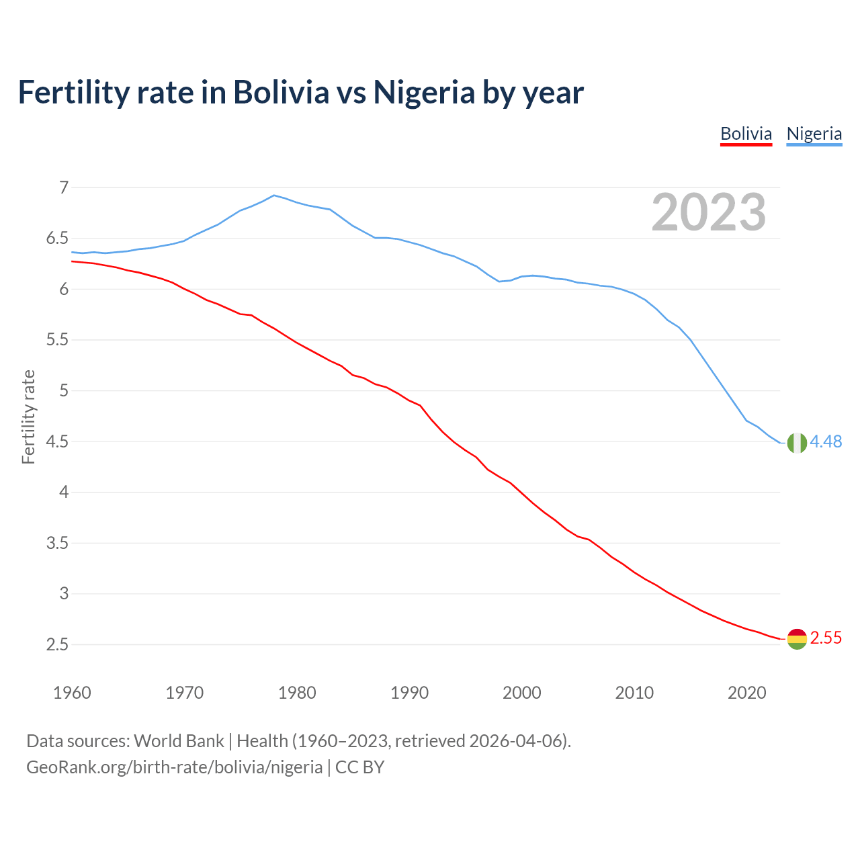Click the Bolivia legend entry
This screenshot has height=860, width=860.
[746, 134]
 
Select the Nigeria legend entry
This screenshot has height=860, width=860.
[814, 134]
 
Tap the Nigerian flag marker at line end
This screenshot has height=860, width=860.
[797, 443]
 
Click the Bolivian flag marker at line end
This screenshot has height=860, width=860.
[797, 639]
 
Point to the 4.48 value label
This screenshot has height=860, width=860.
[826, 441]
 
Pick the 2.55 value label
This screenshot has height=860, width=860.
[826, 638]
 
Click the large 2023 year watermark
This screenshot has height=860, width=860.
[709, 212]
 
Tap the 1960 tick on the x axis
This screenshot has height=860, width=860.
[72, 693]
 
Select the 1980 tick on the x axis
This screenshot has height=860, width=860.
[297, 693]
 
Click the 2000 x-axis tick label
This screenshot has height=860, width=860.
[522, 693]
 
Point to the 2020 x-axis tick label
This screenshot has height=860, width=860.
[746, 693]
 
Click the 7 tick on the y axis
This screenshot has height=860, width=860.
[64, 187]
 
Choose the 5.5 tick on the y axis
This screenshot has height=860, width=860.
[58, 340]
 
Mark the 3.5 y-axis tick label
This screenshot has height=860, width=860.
[58, 543]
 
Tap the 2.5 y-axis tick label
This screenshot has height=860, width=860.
[58, 645]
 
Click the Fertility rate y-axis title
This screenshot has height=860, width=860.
[28, 417]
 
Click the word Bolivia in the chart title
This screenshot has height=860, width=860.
[281, 92]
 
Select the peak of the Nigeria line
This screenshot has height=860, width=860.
[274, 195]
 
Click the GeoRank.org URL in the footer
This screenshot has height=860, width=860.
[174, 767]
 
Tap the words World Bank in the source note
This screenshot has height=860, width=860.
[179, 741]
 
